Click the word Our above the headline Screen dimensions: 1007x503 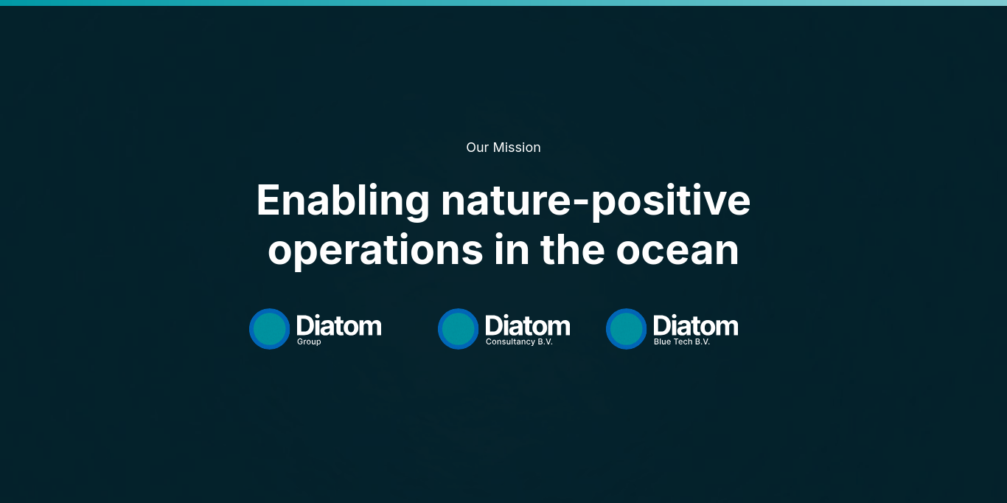(x=477, y=148)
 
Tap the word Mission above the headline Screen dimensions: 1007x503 (x=517, y=148)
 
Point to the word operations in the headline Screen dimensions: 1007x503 (x=375, y=251)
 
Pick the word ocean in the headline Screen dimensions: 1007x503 (x=677, y=251)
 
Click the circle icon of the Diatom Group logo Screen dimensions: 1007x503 (x=269, y=329)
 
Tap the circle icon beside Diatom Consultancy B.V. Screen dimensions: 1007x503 (x=458, y=329)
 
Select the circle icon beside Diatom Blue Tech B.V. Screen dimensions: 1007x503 (x=626, y=329)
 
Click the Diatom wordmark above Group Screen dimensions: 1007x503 (x=339, y=325)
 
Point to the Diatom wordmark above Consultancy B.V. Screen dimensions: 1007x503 (x=528, y=325)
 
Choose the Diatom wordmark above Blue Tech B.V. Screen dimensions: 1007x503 (x=696, y=325)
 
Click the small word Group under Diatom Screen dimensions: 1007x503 (x=309, y=342)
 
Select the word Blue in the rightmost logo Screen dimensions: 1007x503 (x=662, y=342)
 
